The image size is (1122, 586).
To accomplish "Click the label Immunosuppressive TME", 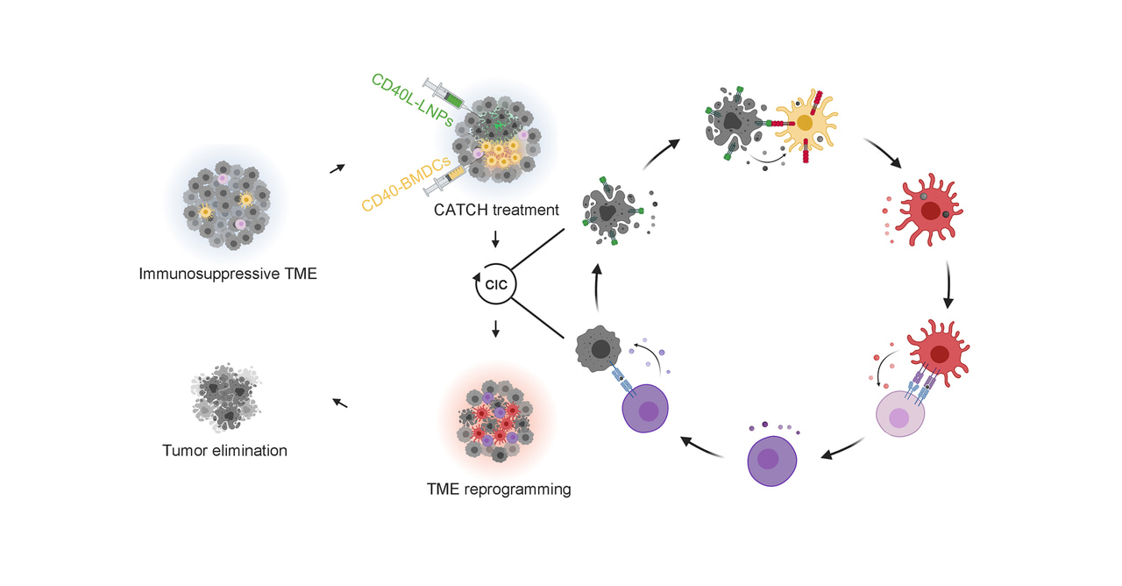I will (x=228, y=274).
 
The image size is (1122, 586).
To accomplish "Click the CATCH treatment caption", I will (x=496, y=211).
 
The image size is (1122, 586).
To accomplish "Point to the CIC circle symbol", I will (x=496, y=284).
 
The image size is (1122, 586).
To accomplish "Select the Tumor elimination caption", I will (x=224, y=451).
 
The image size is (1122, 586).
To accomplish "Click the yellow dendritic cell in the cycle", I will (x=806, y=125).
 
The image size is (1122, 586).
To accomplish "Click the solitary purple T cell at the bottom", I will (x=771, y=460).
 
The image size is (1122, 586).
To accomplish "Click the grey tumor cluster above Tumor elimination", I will (x=224, y=395).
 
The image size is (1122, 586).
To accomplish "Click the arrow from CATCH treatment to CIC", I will (x=496, y=239).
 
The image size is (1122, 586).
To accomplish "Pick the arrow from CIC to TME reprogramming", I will (x=496, y=328).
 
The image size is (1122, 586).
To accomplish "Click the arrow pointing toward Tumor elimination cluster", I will (x=340, y=403).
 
